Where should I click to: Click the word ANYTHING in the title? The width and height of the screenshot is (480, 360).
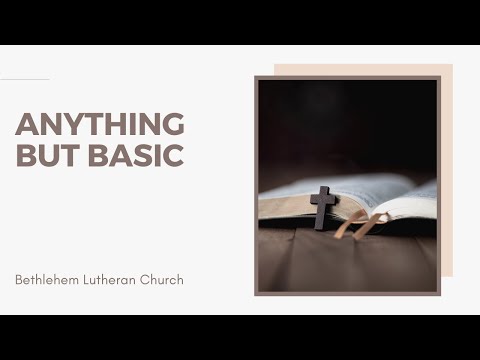[100, 124]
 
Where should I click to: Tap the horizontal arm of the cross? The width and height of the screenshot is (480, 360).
[323, 199]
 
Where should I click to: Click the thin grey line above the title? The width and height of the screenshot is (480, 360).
[24, 79]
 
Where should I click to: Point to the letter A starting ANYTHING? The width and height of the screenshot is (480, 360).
[26, 124]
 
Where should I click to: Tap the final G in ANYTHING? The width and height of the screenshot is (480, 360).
[173, 124]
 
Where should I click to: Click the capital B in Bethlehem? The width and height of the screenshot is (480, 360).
[19, 279]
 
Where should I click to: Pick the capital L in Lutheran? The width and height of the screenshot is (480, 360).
[88, 279]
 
